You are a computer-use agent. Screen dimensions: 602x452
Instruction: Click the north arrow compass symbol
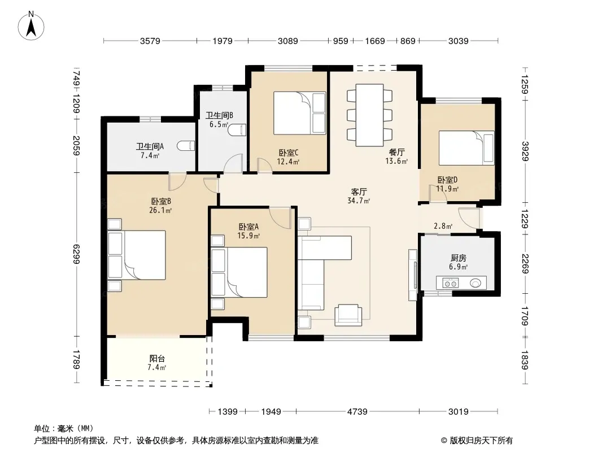tap(31, 25)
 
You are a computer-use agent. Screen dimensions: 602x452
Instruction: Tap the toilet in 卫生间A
tap(186, 146)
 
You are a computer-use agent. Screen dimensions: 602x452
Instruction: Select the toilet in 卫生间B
tap(237, 130)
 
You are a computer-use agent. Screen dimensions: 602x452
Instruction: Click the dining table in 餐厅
tap(369, 115)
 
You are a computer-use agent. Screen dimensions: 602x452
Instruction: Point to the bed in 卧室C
tap(299, 113)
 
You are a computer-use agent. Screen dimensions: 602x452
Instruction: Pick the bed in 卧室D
tap(466, 148)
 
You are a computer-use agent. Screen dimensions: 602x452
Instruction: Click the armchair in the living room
tap(348, 315)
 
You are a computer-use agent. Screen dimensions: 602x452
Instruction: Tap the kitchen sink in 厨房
tap(476, 284)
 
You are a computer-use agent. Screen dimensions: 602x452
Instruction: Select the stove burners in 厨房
tap(450, 284)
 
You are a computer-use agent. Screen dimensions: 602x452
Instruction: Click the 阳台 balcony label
tap(157, 359)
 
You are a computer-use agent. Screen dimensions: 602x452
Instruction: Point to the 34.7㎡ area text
tap(359, 201)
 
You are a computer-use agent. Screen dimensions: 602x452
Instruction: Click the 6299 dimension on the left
tap(76, 254)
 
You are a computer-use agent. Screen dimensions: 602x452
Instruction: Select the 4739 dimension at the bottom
tap(357, 412)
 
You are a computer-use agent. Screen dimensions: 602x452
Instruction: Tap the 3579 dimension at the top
tap(150, 41)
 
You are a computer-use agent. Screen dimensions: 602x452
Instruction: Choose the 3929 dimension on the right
tap(525, 151)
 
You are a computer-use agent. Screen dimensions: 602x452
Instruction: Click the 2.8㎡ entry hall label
tap(443, 226)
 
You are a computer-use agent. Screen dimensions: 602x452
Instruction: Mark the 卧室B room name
tap(161, 201)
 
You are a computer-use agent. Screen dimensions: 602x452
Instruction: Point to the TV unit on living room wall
tap(413, 275)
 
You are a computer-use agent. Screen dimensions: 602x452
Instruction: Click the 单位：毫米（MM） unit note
tap(64, 428)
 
